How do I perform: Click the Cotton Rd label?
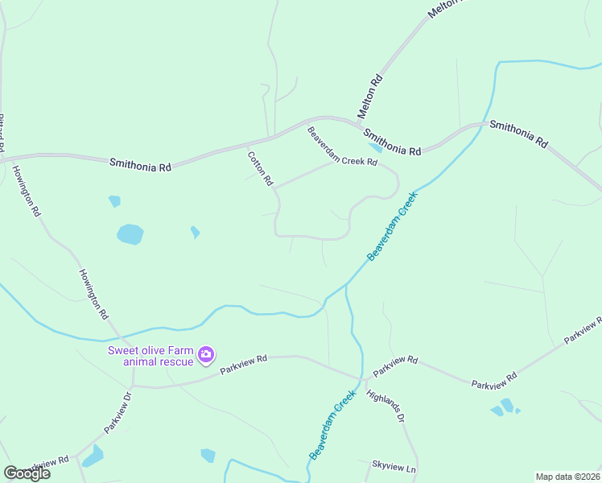[x=261, y=169]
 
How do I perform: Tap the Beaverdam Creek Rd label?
[x=342, y=147]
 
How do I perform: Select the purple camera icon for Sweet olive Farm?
[x=206, y=354]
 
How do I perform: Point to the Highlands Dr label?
[x=385, y=407]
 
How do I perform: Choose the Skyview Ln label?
[x=394, y=467]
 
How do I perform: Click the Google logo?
[x=27, y=473]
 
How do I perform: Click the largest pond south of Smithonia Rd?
[x=130, y=234]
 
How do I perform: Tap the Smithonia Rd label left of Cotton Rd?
[x=141, y=164]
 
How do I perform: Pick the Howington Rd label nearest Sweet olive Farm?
[x=93, y=294]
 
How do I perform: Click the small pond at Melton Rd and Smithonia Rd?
[x=375, y=147]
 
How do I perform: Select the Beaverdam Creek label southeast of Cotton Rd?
[x=393, y=226]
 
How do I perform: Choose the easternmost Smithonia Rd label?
[x=519, y=134]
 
